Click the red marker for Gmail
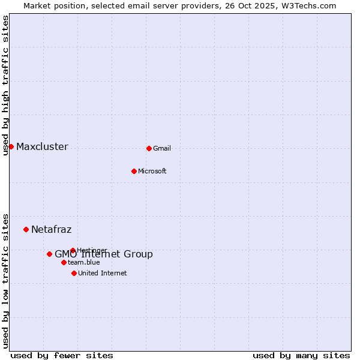pyautogui.click(x=149, y=148)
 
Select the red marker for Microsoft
pyautogui.click(x=134, y=171)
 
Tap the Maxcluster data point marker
pyautogui.click(x=11, y=146)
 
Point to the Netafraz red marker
pyautogui.click(x=26, y=229)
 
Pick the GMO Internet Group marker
pyautogui.click(x=49, y=254)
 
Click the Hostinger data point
pyautogui.click(x=73, y=250)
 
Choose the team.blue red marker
pyautogui.click(x=64, y=262)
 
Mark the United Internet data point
pyautogui.click(x=74, y=273)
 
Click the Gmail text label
pyautogui.click(x=162, y=148)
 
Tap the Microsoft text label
pyautogui.click(x=152, y=171)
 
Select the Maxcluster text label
pyautogui.click(x=42, y=146)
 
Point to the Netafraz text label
pyautogui.click(x=51, y=229)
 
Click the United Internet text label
pyautogui.click(x=102, y=273)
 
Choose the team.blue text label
pyautogui.click(x=84, y=262)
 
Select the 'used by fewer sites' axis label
pyautogui.click(x=62, y=355)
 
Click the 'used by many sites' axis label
pyautogui.click(x=301, y=355)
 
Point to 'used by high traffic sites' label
pyautogui.click(x=5, y=85)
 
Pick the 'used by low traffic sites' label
pyautogui.click(x=5, y=280)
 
